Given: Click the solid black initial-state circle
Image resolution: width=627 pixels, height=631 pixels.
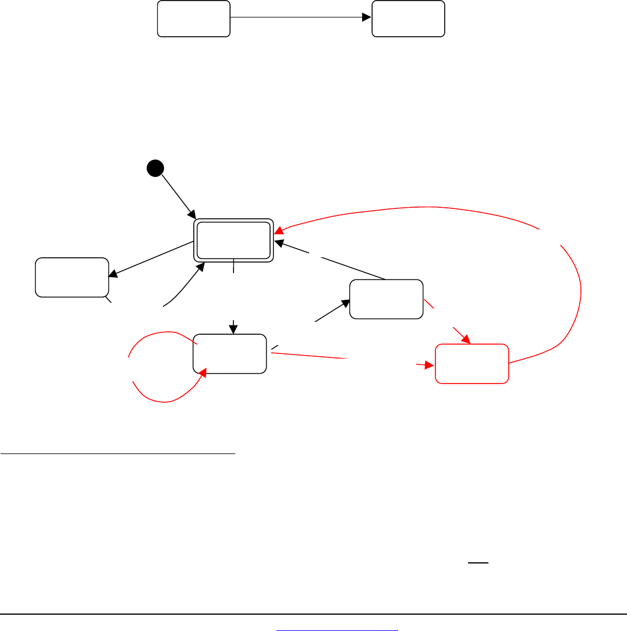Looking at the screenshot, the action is coord(155,168).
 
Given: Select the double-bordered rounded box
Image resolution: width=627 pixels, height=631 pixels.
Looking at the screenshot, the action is coord(233,240).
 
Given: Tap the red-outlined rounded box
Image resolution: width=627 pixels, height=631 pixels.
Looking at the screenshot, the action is coord(472,364).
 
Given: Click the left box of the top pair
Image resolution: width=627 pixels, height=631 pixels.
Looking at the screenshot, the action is coord(193,19).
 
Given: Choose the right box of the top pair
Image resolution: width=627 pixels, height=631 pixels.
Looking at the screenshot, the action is coord(408,19).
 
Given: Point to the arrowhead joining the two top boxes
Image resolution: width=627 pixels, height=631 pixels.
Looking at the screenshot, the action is coord(367,18).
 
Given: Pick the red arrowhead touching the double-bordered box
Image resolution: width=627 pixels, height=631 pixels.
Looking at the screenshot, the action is coord(279,231).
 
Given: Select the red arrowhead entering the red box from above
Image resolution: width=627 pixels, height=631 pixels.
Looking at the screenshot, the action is coord(466,339).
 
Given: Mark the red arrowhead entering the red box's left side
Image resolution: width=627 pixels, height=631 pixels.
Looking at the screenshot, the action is coord(431,366).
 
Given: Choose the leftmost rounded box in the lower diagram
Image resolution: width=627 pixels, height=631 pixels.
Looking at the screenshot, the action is coord(72,277).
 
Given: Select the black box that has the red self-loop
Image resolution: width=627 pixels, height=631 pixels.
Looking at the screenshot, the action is coord(229,353).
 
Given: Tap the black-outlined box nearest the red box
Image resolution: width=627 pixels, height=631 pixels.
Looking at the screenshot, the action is coord(386,299).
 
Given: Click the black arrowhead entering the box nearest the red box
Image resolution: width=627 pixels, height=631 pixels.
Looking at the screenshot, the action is coord(345,302).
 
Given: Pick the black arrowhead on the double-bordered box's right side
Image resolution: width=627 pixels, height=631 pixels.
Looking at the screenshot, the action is coord(279,241).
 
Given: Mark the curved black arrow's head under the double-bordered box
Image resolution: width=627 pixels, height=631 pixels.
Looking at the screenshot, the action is coord(201,266).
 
